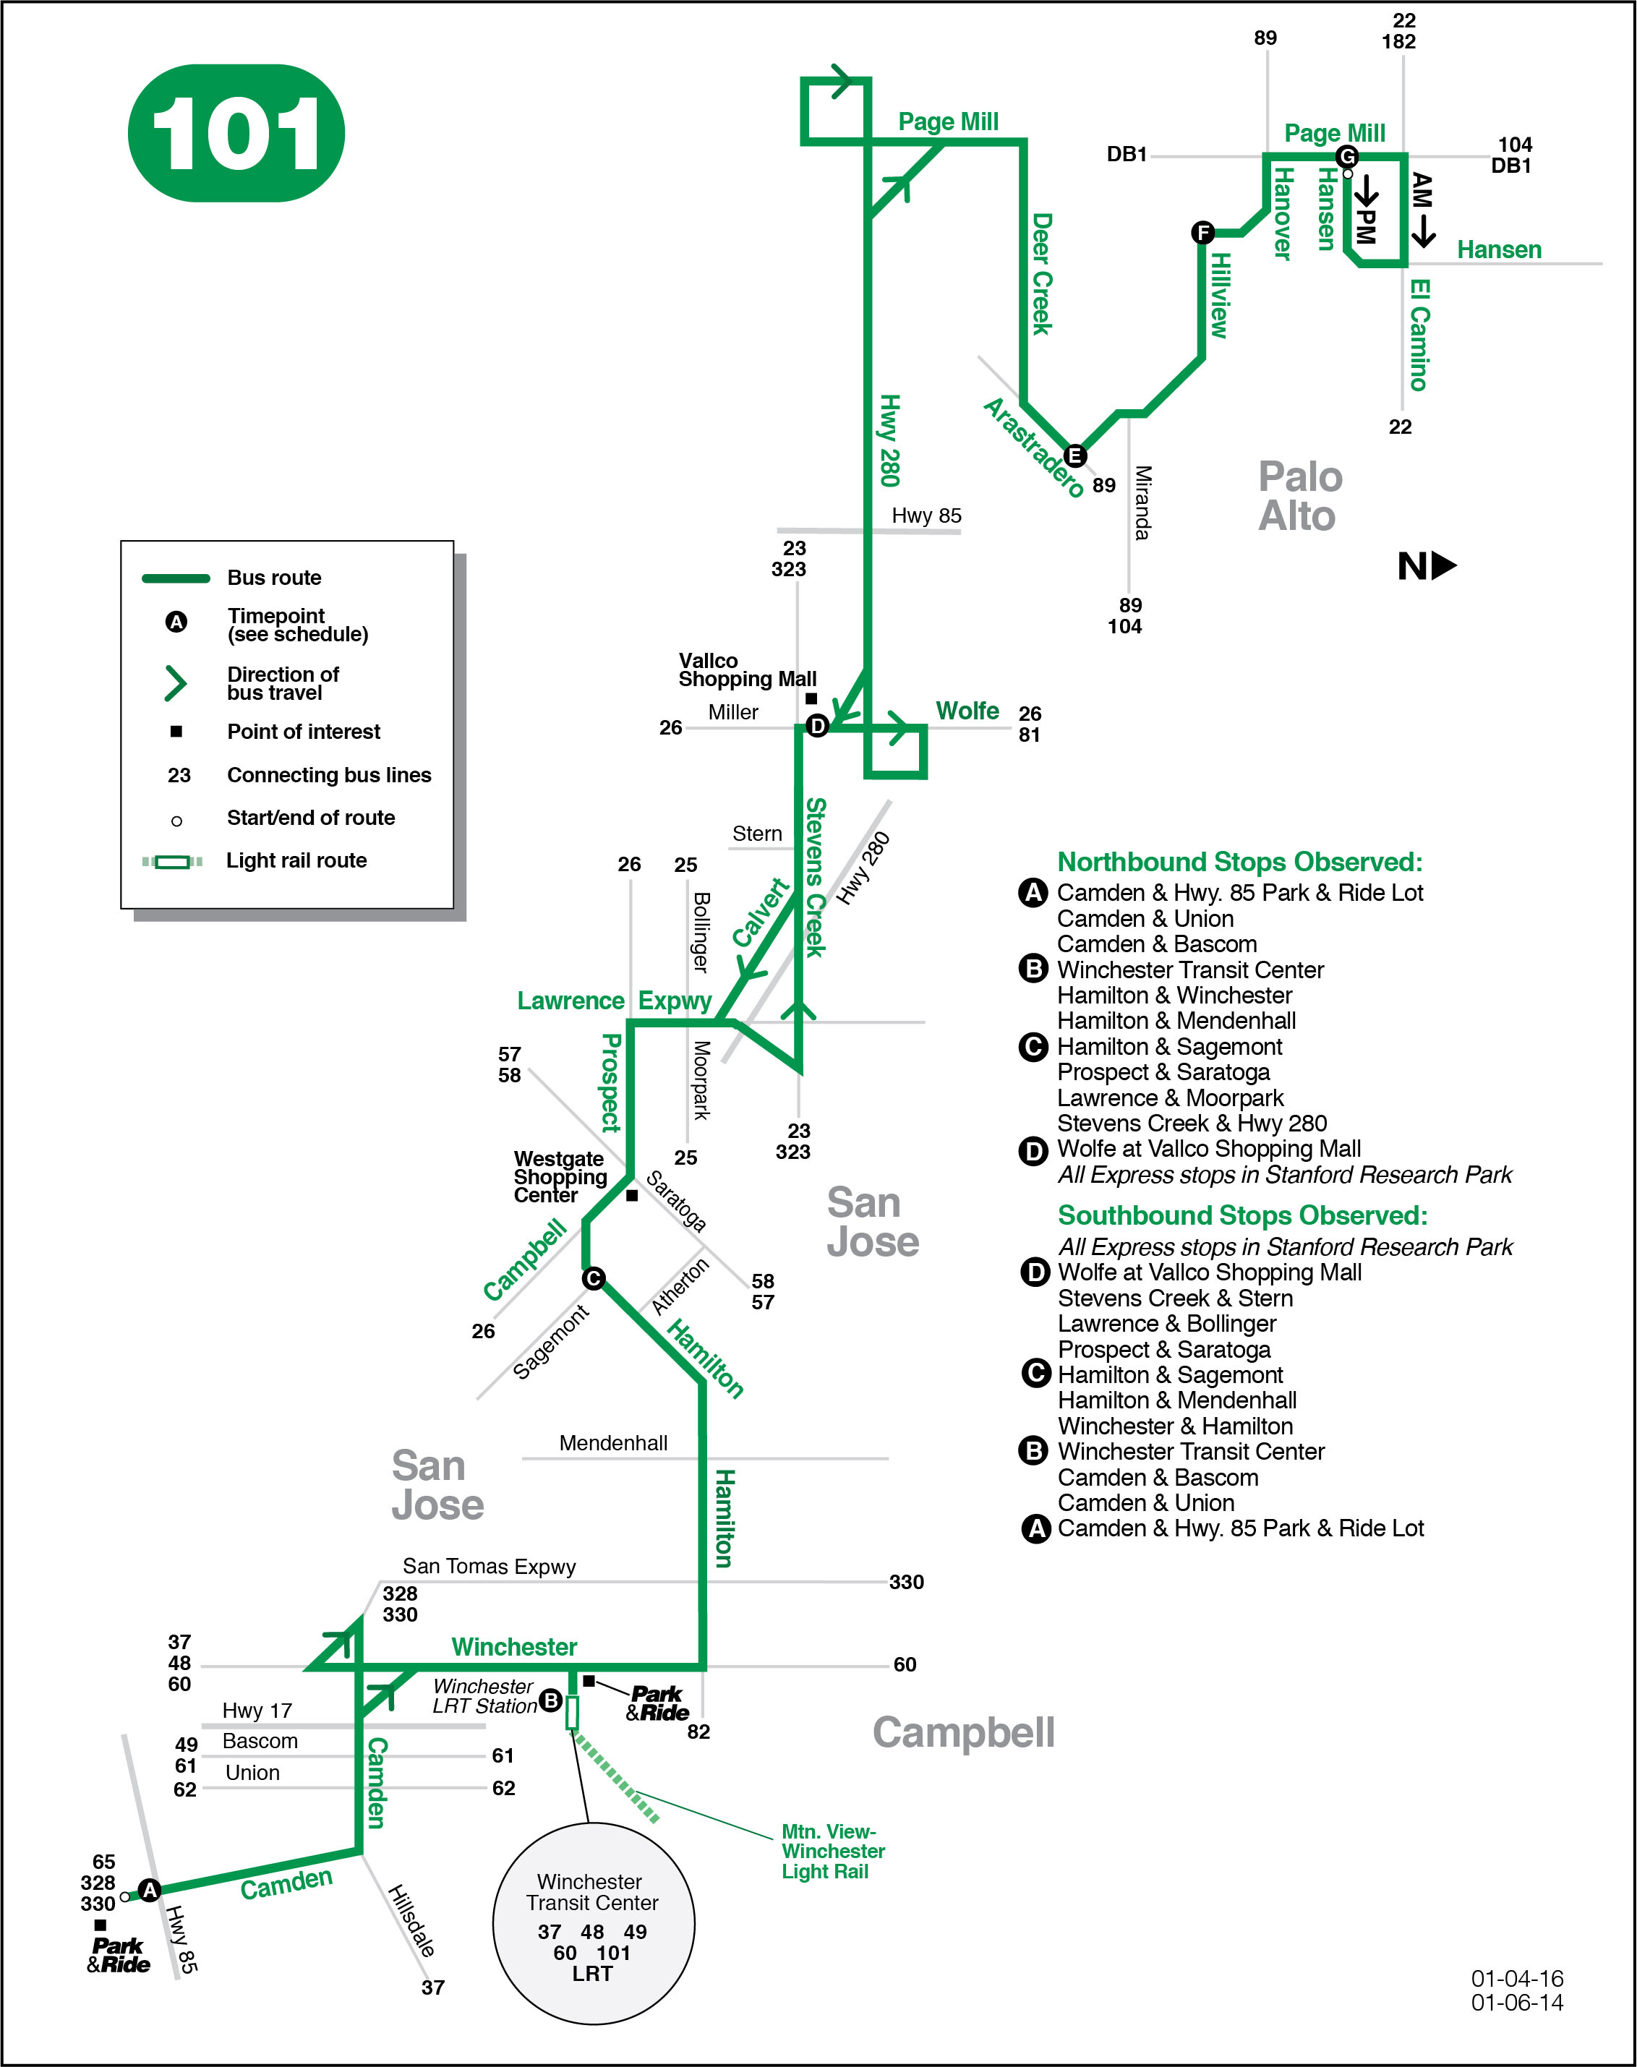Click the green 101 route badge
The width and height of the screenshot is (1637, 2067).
236,133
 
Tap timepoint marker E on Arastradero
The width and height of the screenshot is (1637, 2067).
1075,455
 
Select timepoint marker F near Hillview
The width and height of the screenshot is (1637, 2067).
1202,232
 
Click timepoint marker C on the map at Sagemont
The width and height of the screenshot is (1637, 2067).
594,1278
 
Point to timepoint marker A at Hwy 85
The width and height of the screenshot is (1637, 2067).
148,1890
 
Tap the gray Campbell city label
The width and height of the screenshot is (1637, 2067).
962,1732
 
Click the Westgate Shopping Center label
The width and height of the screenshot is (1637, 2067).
560,1177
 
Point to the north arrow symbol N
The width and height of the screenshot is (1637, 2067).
1426,566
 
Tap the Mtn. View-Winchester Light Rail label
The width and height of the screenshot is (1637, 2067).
832,1852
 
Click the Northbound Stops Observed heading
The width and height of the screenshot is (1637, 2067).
1239,862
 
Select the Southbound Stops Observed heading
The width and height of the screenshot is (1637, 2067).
1242,1215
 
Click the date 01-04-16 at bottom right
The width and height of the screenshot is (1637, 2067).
1516,1978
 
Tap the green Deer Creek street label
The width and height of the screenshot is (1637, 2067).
1041,274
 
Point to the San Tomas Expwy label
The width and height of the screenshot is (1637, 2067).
489,1567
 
